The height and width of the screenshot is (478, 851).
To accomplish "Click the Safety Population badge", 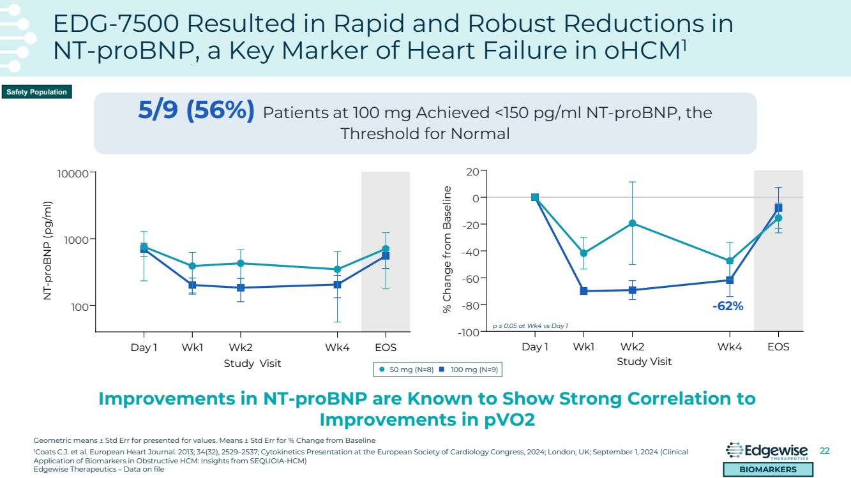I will pyautogui.click(x=36, y=93).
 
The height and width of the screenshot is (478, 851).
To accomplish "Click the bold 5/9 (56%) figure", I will pyautogui.click(x=196, y=111).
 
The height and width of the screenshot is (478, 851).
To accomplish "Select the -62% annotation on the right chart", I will pyautogui.click(x=728, y=306).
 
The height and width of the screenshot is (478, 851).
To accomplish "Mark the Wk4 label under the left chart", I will pyautogui.click(x=336, y=348).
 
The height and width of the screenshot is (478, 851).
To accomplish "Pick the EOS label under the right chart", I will pyautogui.click(x=778, y=347).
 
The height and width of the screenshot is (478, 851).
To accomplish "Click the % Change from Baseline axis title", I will pyautogui.click(x=448, y=249).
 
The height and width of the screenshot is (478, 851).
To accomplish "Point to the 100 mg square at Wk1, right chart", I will pyautogui.click(x=584, y=291).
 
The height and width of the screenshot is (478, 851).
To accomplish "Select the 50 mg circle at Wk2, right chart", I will pyautogui.click(x=632, y=223).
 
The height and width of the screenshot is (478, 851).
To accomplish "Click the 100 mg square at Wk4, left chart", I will pyautogui.click(x=336, y=285).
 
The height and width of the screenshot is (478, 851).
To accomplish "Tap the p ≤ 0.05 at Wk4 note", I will pyautogui.click(x=530, y=326).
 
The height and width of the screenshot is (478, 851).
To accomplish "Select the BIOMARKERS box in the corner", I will pyautogui.click(x=768, y=470).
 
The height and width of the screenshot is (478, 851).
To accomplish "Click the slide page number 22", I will pyautogui.click(x=824, y=451).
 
